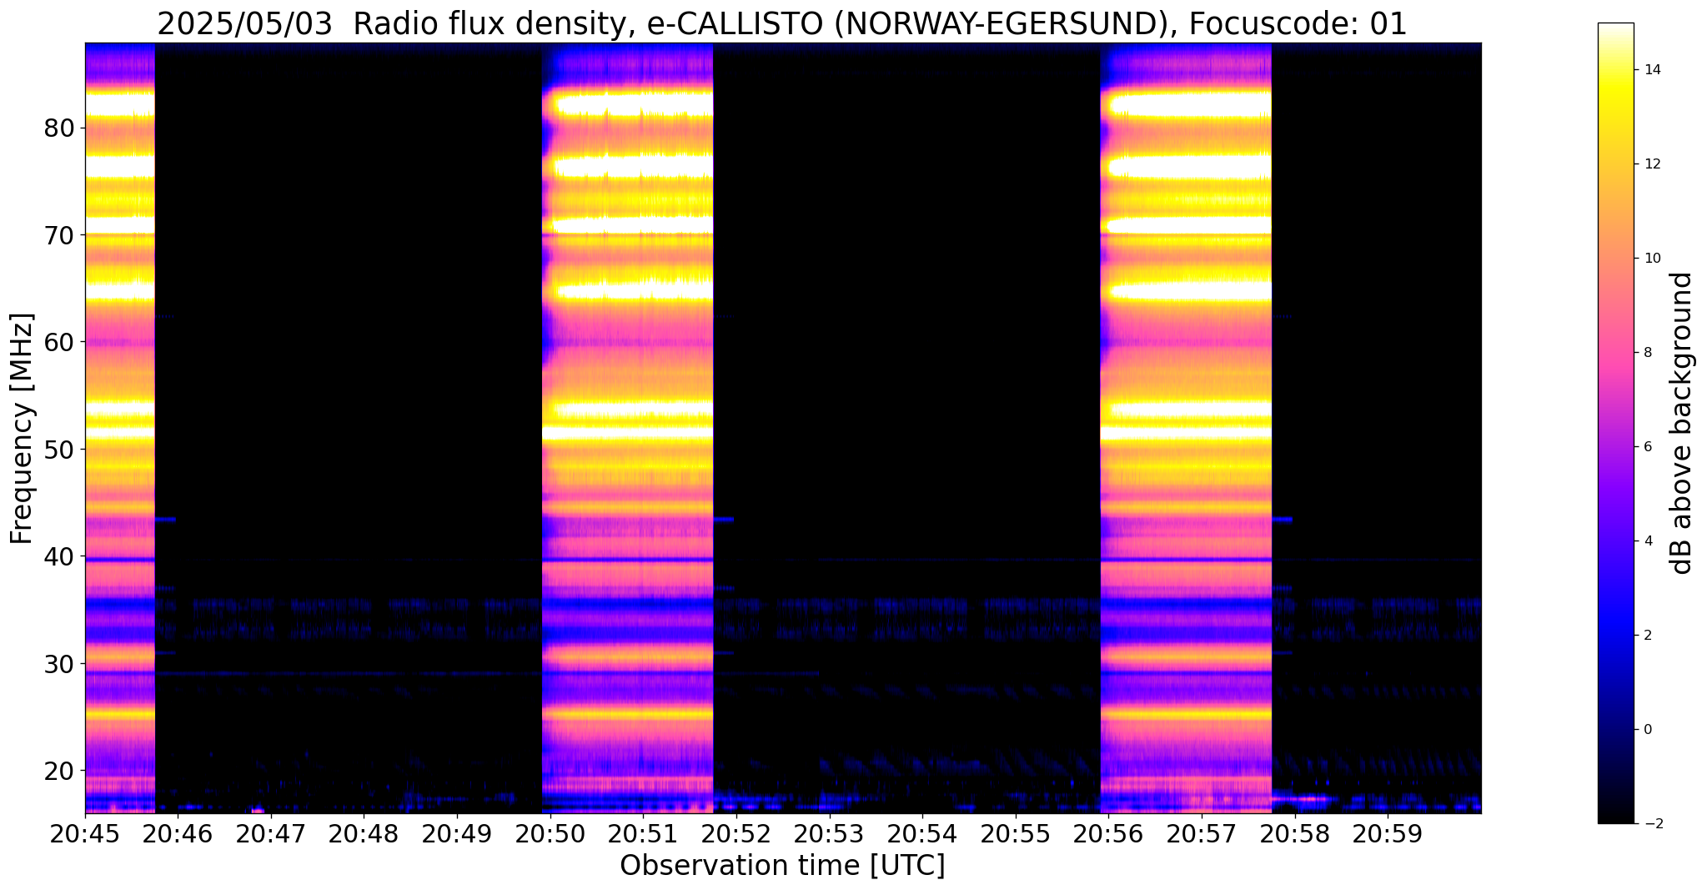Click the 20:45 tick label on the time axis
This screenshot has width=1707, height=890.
point(84,834)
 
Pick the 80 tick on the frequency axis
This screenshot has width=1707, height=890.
point(60,128)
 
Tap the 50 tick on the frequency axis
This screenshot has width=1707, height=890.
point(60,450)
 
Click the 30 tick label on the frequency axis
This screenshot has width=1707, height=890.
point(60,664)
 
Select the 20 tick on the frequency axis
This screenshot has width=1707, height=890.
point(60,771)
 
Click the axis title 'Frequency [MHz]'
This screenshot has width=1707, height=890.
point(23,429)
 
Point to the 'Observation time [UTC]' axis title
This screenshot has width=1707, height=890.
point(782,866)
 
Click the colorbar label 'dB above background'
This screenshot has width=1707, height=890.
point(1682,423)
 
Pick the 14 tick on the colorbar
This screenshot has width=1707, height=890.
point(1652,70)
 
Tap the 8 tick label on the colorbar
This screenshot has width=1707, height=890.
point(1647,353)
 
